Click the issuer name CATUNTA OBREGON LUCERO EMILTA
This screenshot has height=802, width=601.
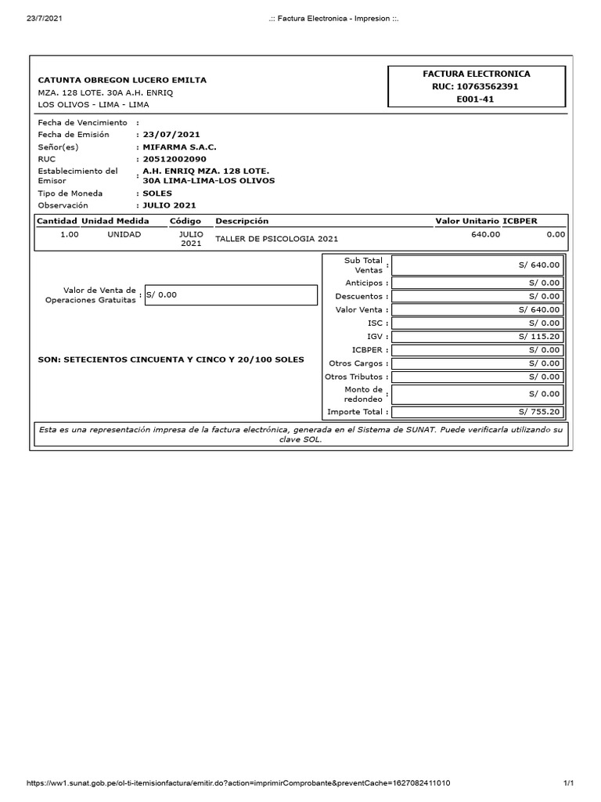click(123, 80)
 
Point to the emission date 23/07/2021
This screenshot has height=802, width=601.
click(167, 135)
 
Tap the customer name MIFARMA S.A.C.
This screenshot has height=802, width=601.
click(178, 146)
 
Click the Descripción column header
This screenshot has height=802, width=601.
click(242, 221)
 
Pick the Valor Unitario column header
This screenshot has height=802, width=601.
click(466, 221)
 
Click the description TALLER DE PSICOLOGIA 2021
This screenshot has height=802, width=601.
click(277, 239)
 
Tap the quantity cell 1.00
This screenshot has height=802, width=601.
click(70, 234)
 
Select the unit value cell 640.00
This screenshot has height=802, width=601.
click(485, 234)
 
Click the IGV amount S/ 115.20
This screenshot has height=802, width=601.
click(539, 336)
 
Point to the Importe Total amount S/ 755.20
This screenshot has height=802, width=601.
click(539, 412)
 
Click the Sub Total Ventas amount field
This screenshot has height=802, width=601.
click(477, 266)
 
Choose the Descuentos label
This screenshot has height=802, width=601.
click(361, 297)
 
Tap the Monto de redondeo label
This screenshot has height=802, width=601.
click(363, 394)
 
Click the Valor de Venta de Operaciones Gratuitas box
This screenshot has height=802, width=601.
click(231, 294)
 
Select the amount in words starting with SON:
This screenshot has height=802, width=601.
click(171, 359)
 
